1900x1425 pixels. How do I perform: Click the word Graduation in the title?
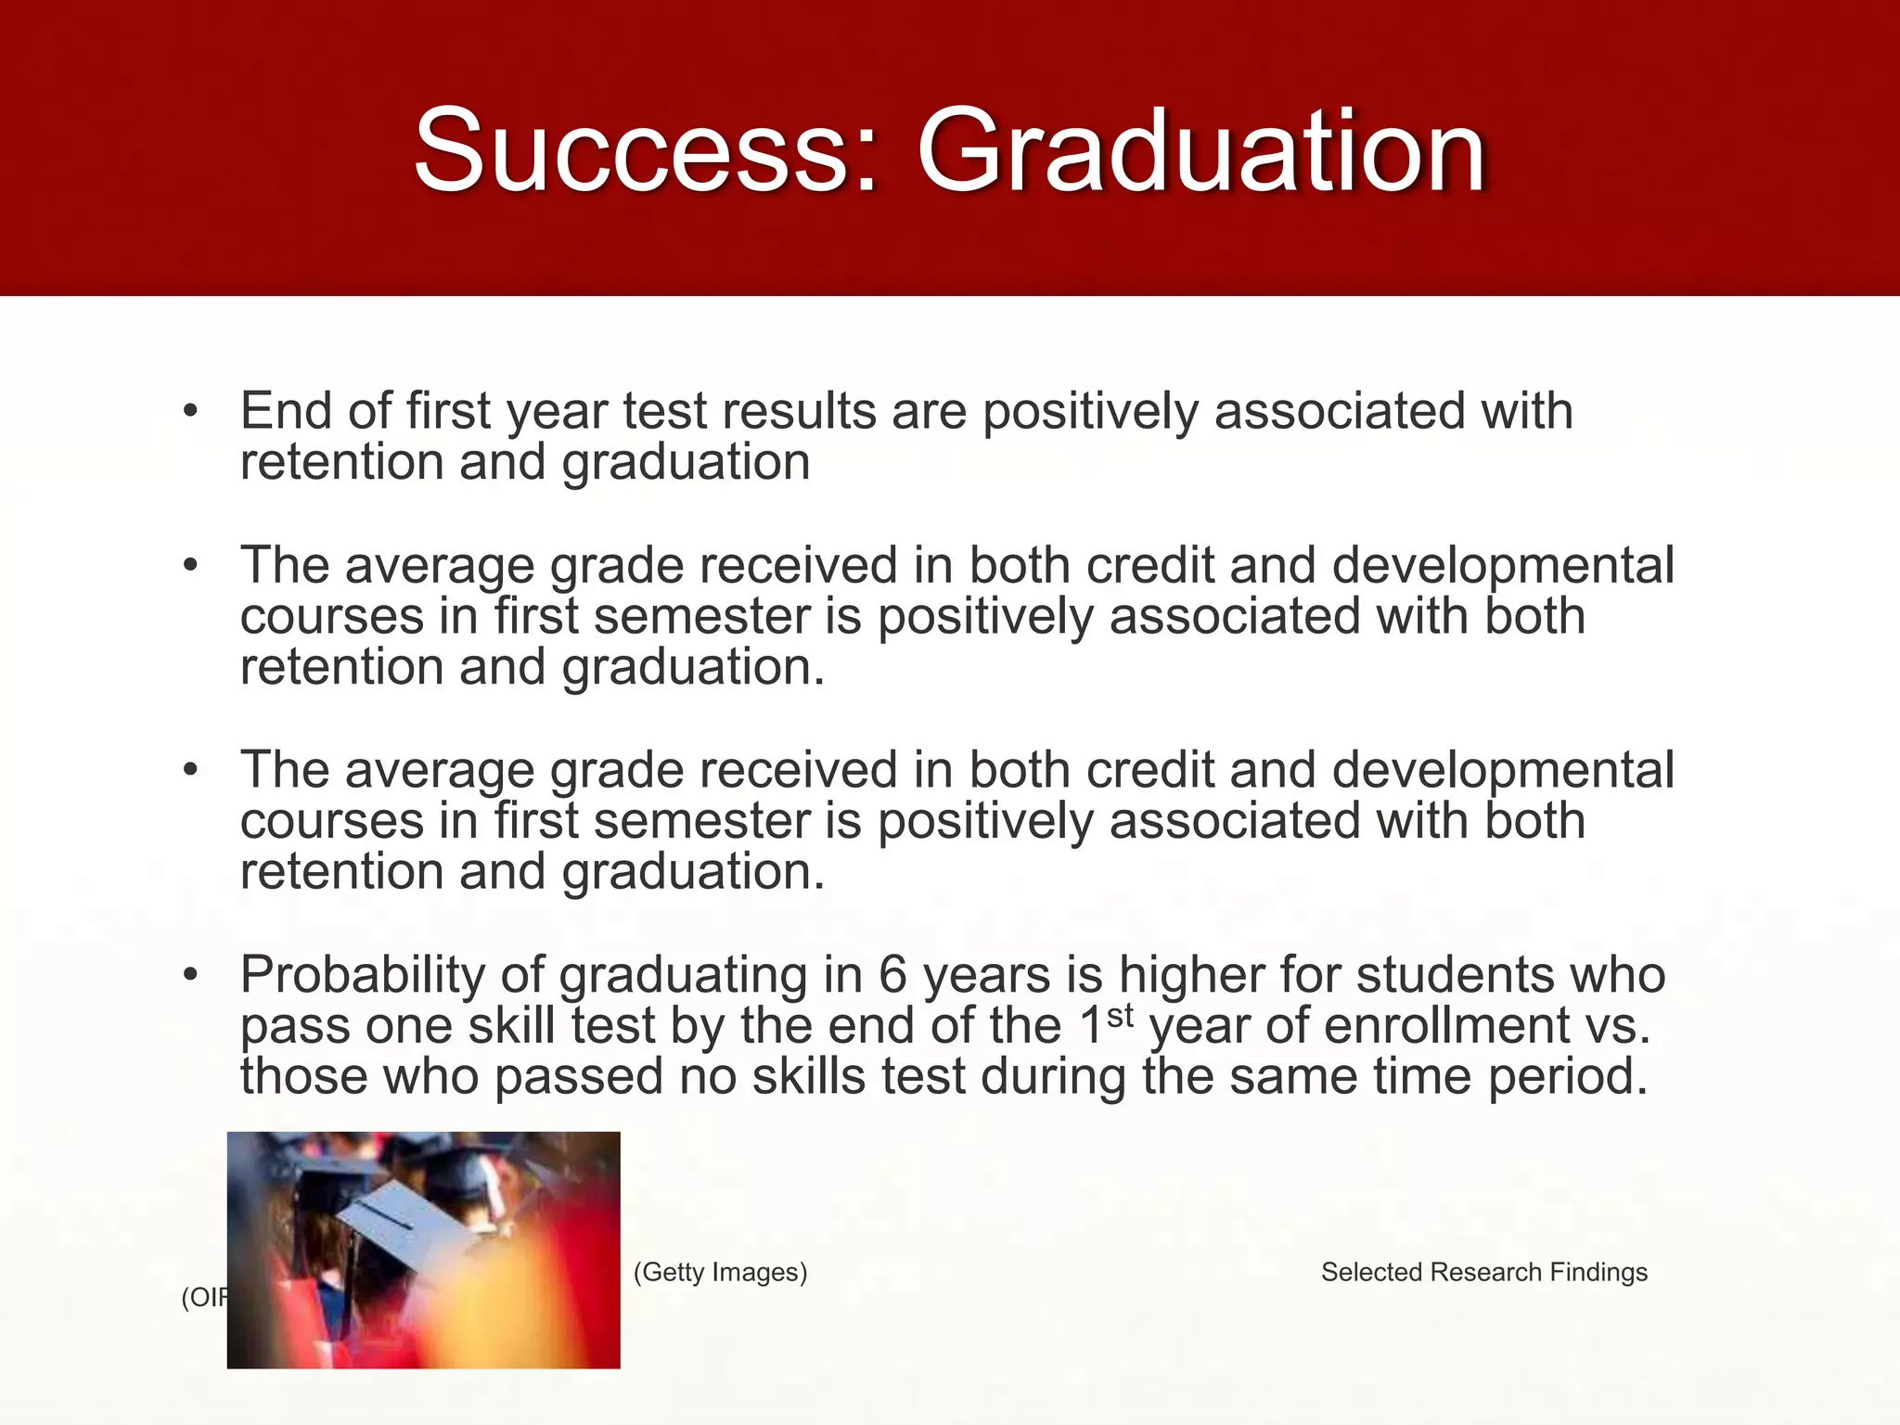click(x=1202, y=150)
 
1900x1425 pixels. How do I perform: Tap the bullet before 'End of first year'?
click(x=191, y=411)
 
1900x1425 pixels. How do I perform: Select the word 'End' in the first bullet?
click(x=286, y=411)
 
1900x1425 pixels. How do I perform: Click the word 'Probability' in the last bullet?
click(x=363, y=976)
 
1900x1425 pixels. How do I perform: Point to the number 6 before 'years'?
click(x=892, y=976)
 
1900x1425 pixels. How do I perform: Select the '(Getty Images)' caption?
click(x=720, y=1272)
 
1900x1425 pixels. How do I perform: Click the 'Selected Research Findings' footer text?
click(x=1483, y=1272)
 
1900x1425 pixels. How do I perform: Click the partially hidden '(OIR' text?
click(x=203, y=1298)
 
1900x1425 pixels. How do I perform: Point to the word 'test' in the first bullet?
click(x=664, y=411)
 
